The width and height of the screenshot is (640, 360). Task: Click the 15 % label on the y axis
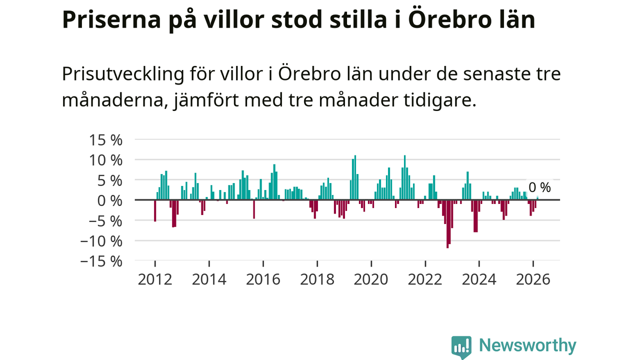[105, 140]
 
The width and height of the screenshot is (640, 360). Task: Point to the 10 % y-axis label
[105, 160]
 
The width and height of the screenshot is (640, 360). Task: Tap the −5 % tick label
[105, 221]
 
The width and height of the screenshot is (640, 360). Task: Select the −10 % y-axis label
[101, 241]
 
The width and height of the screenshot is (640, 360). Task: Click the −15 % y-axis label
[101, 261]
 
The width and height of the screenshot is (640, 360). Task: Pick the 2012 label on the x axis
[155, 279]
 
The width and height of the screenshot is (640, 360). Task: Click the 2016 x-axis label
[263, 279]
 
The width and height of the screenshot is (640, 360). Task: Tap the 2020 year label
[371, 279]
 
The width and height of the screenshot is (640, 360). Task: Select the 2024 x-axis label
[479, 279]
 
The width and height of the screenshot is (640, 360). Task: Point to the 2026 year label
[533, 279]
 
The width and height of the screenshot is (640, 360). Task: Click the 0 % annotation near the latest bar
[539, 187]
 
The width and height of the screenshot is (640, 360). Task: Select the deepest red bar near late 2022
[447, 223]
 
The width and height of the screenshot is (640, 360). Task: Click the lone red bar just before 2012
[155, 211]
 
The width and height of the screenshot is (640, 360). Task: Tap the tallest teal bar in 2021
[405, 177]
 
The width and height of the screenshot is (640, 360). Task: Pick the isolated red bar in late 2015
[254, 209]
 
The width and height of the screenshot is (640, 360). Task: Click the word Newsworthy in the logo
[527, 345]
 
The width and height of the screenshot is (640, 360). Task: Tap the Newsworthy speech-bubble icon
[461, 347]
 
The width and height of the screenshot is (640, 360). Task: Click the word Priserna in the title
[111, 20]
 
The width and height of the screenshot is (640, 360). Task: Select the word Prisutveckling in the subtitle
[123, 74]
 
